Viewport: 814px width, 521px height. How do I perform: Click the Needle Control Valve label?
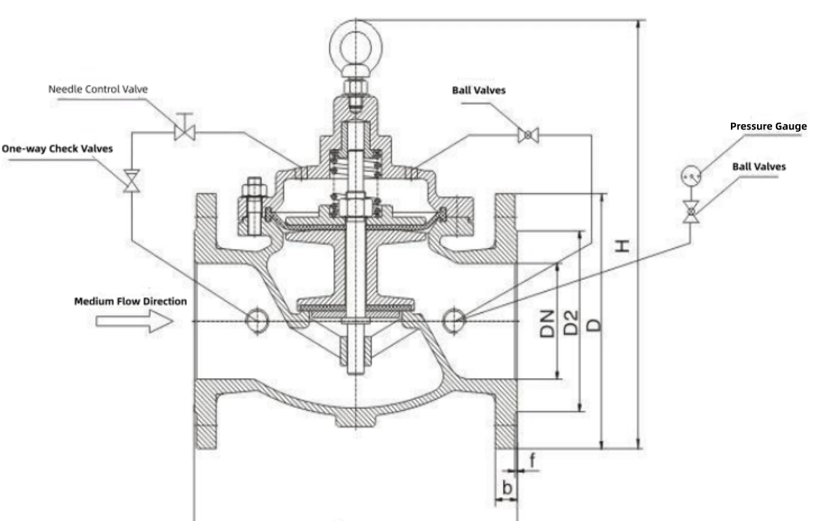[98, 89]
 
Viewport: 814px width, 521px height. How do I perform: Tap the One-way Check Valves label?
[57, 149]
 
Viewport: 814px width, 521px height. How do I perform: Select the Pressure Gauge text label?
[768, 127]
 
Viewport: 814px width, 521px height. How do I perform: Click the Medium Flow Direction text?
[130, 302]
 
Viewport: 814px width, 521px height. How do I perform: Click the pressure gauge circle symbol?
[690, 176]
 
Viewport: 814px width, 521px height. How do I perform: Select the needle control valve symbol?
[183, 132]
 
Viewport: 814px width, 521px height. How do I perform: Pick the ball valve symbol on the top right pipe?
[529, 135]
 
